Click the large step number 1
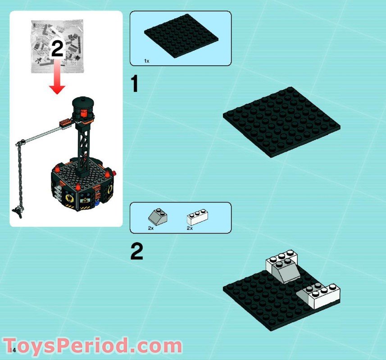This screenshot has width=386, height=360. coord(134,84)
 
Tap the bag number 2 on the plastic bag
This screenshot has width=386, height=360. coord(57,49)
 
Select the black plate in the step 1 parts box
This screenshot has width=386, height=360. coord(181,36)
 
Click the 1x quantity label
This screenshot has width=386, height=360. coord(147,61)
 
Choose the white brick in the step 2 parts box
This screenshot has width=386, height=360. coord(197,217)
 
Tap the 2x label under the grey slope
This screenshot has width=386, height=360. coord(151,228)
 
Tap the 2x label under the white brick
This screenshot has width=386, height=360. coord(190,228)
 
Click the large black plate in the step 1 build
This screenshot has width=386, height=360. coord(282,122)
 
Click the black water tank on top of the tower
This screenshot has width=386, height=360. coord(83,108)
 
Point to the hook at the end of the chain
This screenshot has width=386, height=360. coord(18,211)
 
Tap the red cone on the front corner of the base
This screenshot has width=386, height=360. coord(78,187)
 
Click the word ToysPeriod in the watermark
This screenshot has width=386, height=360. coord(66,346)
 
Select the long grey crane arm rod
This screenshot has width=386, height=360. coord(42,134)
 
